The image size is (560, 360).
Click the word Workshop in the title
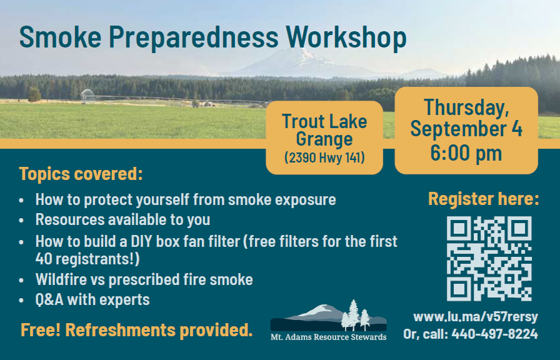[x=346, y=37]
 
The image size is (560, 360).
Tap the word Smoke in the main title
[x=61, y=36]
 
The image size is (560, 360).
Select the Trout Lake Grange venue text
[x=324, y=130]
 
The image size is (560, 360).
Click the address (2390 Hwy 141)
[x=324, y=157]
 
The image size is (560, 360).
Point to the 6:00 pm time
[x=466, y=153]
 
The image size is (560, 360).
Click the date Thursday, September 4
[x=466, y=118]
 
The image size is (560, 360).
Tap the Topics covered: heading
[x=81, y=174]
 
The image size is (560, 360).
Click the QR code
[x=489, y=258]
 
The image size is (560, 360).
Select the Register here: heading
[x=484, y=199]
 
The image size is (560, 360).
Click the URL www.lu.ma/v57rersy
[x=476, y=316]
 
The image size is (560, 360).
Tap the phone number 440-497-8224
[x=494, y=334]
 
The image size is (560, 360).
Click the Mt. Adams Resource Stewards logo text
[x=328, y=337]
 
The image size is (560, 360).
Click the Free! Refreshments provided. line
[x=136, y=329]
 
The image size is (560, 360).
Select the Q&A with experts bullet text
[x=92, y=299]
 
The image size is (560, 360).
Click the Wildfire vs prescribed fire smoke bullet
[x=144, y=279]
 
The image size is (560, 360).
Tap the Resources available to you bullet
[x=122, y=219]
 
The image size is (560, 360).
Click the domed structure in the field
[x=87, y=94]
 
